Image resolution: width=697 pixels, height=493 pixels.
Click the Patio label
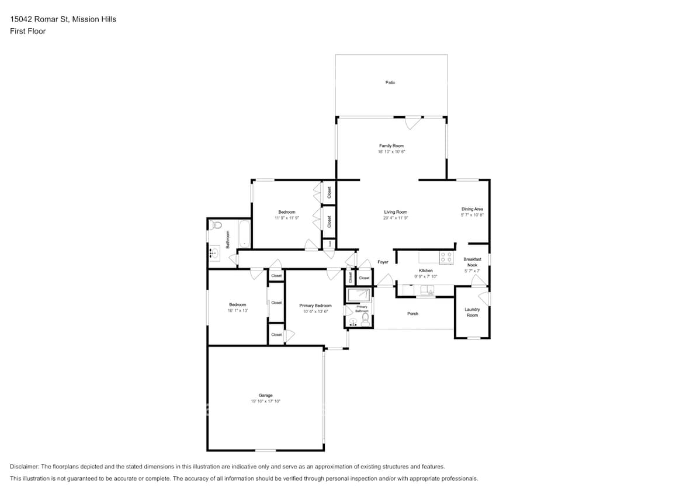click(390, 82)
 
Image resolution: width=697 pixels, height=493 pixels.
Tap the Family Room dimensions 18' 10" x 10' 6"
click(391, 152)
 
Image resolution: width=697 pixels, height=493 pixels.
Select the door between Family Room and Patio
click(413, 123)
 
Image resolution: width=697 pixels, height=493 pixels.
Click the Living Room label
click(396, 212)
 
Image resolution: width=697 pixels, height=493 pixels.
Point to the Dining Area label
click(472, 209)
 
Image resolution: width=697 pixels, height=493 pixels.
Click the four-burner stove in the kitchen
click(446, 258)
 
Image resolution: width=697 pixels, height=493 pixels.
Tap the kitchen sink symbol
click(427, 289)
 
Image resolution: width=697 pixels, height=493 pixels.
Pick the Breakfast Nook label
click(472, 262)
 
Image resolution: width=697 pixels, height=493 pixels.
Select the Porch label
click(412, 314)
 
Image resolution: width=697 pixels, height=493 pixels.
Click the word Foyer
click(383, 262)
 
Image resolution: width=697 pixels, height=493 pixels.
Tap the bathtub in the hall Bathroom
click(244, 234)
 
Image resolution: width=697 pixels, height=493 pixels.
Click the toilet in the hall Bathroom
click(217, 224)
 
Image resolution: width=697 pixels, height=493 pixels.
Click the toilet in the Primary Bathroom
click(365, 321)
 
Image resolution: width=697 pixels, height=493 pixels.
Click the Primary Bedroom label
click(315, 305)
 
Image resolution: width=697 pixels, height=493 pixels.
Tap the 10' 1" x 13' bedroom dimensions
click(238, 311)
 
